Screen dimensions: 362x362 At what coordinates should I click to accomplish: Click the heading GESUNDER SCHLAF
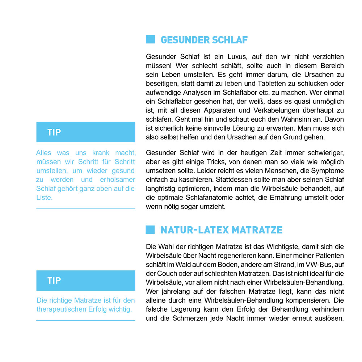pos(204,40)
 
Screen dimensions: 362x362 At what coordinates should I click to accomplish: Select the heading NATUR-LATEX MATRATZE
pos(221,230)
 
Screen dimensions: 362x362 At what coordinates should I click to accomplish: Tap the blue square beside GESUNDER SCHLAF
pos(150,39)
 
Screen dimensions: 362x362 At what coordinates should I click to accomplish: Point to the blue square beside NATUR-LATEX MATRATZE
pos(150,230)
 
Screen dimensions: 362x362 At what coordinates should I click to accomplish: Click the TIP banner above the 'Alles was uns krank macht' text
pos(85,132)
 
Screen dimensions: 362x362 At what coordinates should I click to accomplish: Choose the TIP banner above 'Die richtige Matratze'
pos(85,280)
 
